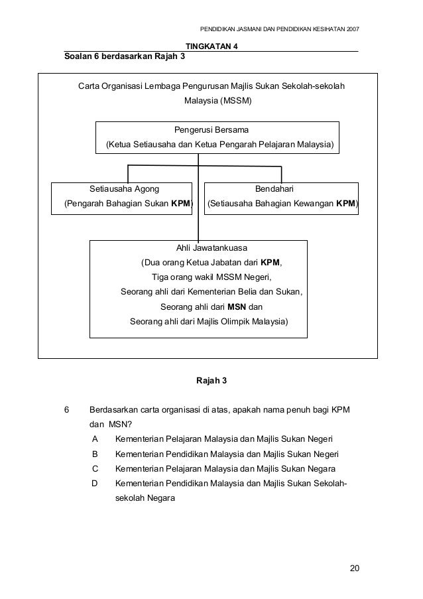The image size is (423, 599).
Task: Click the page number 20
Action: coord(355,568)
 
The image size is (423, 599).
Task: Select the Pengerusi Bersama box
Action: coord(217,137)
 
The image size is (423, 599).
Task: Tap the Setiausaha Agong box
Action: coord(122,198)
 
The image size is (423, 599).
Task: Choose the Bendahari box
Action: coord(281,198)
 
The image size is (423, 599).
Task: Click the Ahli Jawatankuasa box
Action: coord(198,289)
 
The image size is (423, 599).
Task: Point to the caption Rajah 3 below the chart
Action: coord(211,380)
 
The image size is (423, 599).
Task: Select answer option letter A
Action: coord(95,439)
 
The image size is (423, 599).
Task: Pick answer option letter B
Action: coord(95,454)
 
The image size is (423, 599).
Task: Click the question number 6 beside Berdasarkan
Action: coord(66,409)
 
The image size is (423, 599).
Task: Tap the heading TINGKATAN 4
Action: coord(211,46)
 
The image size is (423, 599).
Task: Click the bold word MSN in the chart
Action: coord(237,307)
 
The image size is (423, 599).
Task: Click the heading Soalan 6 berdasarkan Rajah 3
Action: coord(125,56)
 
